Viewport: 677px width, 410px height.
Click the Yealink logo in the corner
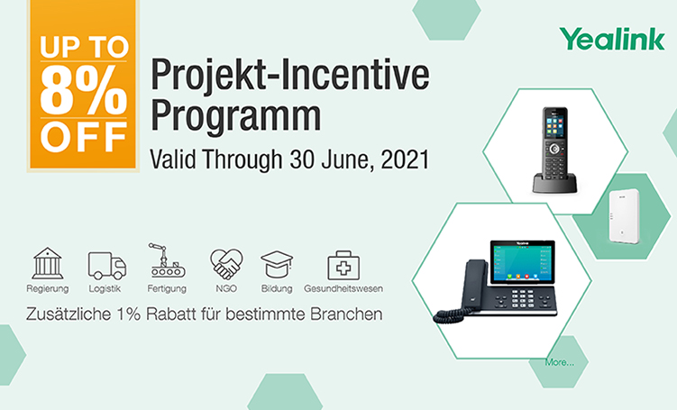pyautogui.click(x=612, y=40)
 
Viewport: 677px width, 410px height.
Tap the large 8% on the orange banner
pyautogui.click(x=83, y=90)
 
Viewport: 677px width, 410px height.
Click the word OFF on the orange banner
pyautogui.click(x=83, y=137)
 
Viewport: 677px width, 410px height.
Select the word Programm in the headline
pyautogui.click(x=236, y=116)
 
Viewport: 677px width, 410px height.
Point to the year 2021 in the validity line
pyautogui.click(x=405, y=159)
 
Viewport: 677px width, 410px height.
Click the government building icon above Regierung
pyautogui.click(x=48, y=263)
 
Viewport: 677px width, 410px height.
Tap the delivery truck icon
pyautogui.click(x=107, y=266)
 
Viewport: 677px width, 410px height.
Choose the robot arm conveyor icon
pyautogui.click(x=167, y=260)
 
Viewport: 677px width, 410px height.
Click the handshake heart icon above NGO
pyautogui.click(x=226, y=264)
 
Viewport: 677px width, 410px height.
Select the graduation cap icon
pyautogui.click(x=277, y=265)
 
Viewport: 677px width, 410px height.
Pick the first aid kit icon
pyautogui.click(x=343, y=265)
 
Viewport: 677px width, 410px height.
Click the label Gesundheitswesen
pyautogui.click(x=343, y=288)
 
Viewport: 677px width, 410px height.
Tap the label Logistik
pyautogui.click(x=105, y=288)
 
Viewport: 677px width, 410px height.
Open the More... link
pyautogui.click(x=560, y=362)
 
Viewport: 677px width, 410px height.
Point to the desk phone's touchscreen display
pyautogui.click(x=523, y=262)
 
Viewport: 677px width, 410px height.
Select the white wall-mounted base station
pyautogui.click(x=625, y=215)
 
